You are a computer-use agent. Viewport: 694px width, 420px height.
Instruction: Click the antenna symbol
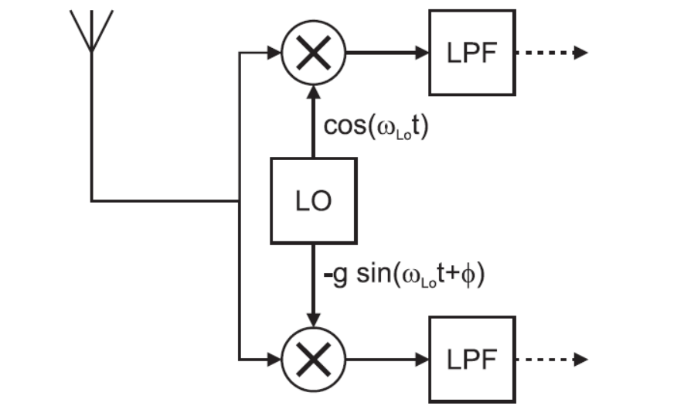click(91, 31)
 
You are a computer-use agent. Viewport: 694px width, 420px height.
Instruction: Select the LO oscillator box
click(313, 200)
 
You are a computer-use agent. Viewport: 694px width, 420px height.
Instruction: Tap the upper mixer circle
click(313, 53)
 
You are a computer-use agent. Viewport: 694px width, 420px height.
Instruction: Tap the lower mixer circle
click(313, 360)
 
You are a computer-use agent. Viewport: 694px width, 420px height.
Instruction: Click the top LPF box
click(471, 53)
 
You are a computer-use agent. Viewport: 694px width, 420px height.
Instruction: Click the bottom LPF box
click(471, 360)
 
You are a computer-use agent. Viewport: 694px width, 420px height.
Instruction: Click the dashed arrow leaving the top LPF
click(550, 53)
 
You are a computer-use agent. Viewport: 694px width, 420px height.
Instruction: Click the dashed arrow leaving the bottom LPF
click(550, 360)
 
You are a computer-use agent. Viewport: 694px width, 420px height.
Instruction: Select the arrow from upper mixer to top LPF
click(386, 53)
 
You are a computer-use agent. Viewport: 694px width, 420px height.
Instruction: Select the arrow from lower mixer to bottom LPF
click(386, 360)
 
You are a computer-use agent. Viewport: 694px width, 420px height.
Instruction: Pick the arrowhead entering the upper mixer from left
click(273, 53)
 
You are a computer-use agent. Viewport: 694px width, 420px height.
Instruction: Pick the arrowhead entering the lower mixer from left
click(273, 360)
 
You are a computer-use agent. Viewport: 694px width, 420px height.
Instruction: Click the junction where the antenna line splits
click(240, 201)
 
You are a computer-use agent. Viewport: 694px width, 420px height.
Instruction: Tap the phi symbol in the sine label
click(466, 276)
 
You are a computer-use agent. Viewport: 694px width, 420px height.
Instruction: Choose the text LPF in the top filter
click(471, 53)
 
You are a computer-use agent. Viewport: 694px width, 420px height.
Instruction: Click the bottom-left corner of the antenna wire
click(92, 201)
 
